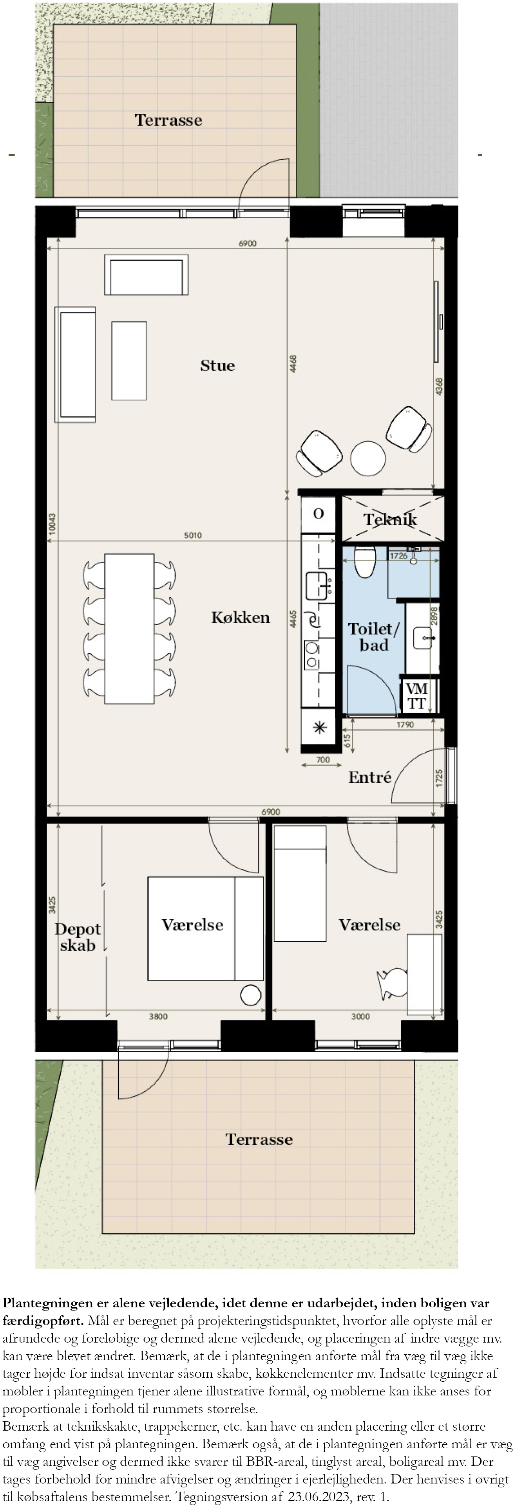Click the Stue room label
[217, 366]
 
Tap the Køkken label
[240, 618]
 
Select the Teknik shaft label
[390, 519]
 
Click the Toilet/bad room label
[374, 637]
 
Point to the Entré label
[369, 777]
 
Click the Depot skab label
[77, 937]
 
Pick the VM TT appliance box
[417, 696]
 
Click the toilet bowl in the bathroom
[364, 562]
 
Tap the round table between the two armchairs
[368, 458]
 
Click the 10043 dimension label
[52, 524]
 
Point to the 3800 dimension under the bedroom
[158, 1016]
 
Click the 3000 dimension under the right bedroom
[360, 1016]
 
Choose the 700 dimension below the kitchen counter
[323, 759]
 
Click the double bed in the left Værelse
[205, 928]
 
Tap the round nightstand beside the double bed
[250, 995]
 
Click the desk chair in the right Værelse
[393, 982]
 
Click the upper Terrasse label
[168, 120]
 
